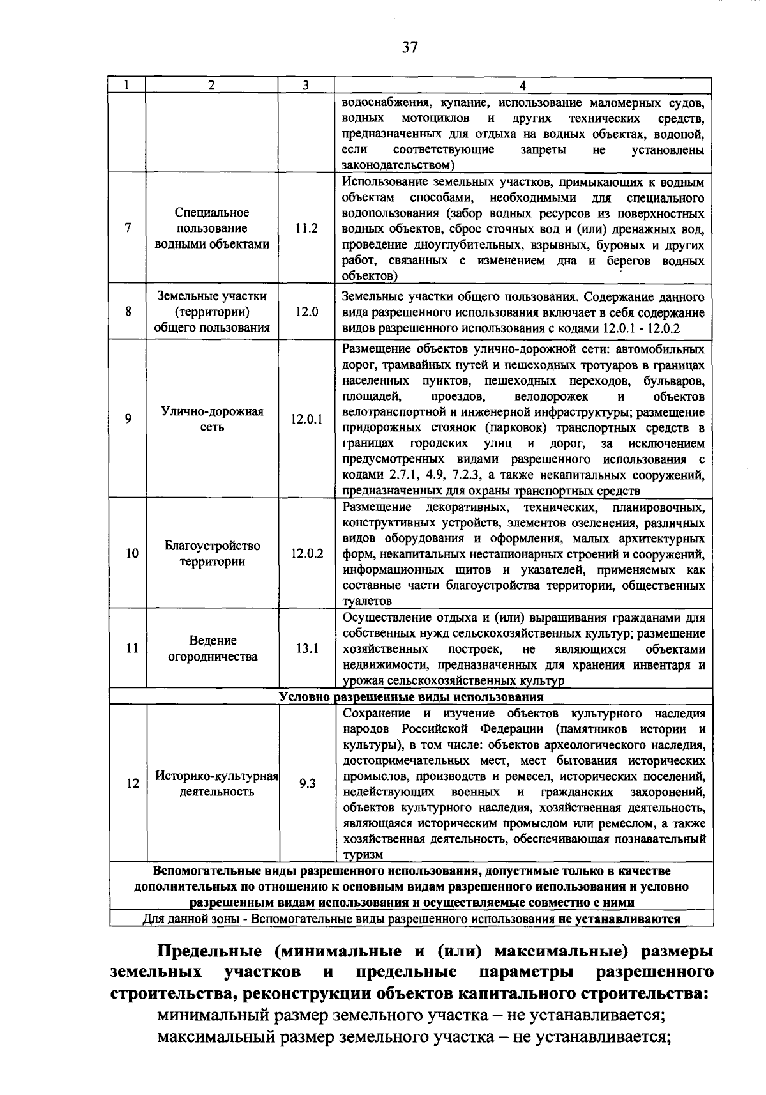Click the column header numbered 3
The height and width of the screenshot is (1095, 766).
(x=306, y=86)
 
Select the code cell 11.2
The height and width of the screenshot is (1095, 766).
(x=306, y=228)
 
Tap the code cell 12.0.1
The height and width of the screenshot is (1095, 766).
(x=306, y=420)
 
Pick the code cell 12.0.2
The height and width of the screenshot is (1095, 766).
(x=307, y=553)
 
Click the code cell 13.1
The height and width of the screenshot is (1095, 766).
(x=307, y=648)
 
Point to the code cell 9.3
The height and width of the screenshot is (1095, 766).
(x=307, y=783)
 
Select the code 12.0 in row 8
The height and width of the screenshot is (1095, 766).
(x=306, y=312)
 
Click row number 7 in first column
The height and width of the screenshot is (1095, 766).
(x=128, y=228)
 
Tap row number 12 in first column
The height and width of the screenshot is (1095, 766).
(x=131, y=783)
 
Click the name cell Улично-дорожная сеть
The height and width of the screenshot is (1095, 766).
(x=212, y=419)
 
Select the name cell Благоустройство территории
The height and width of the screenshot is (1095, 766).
(x=212, y=554)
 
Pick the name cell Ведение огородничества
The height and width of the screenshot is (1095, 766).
(x=213, y=648)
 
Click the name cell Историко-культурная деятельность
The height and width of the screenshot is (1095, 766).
(x=216, y=783)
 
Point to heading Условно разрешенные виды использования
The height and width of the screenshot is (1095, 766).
(x=411, y=696)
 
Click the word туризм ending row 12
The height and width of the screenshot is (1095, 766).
(x=362, y=855)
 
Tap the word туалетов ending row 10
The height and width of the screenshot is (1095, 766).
(x=367, y=601)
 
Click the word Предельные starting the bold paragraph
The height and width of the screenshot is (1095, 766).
(x=209, y=951)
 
